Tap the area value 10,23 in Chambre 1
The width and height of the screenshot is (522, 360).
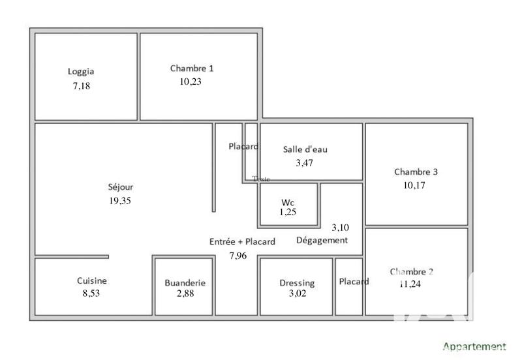[x=191, y=82]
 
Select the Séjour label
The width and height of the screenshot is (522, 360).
[x=121, y=187]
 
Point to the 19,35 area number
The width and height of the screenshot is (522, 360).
[x=121, y=201]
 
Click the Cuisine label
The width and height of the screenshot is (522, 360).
[x=92, y=281]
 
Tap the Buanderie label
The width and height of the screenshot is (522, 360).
[x=185, y=283]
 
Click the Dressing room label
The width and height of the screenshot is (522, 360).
[x=297, y=283]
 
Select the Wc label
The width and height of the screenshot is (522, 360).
[x=288, y=202]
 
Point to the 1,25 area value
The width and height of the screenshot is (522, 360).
[x=288, y=213]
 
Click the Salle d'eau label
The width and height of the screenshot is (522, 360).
[x=305, y=149]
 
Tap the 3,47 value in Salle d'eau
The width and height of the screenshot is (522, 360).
[x=305, y=163]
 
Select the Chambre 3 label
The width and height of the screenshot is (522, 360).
[x=416, y=172]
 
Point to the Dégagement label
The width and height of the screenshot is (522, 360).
[x=322, y=240]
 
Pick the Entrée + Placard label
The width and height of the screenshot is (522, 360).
[x=242, y=241]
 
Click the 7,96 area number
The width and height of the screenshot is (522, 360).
[x=238, y=256]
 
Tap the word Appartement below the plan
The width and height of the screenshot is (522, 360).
[x=474, y=346]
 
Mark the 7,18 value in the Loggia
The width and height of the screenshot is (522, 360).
[x=82, y=85]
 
